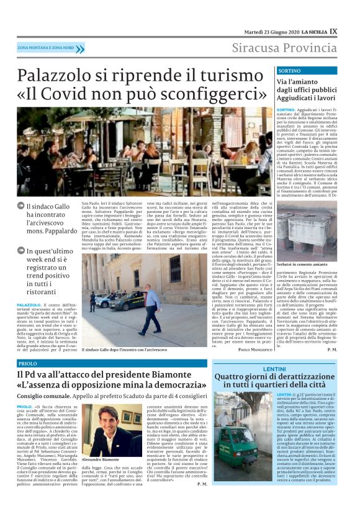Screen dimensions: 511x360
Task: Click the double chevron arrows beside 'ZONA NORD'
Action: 80,48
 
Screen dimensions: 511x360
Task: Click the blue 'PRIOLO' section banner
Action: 28,363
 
